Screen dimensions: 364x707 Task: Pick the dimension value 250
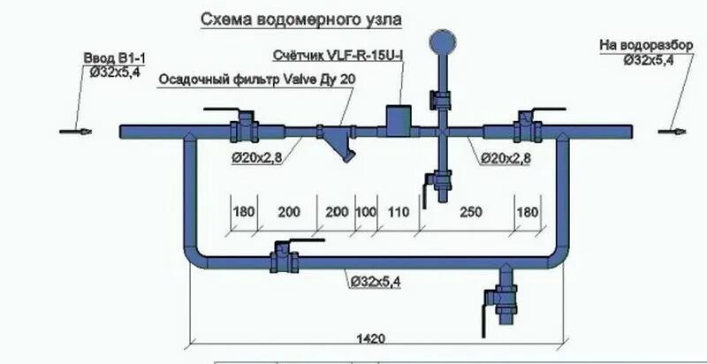click(x=471, y=213)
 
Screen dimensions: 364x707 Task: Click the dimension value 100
click(x=365, y=213)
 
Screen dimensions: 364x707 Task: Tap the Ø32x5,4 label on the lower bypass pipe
click(x=375, y=281)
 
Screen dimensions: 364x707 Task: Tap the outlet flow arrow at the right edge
click(x=670, y=133)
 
